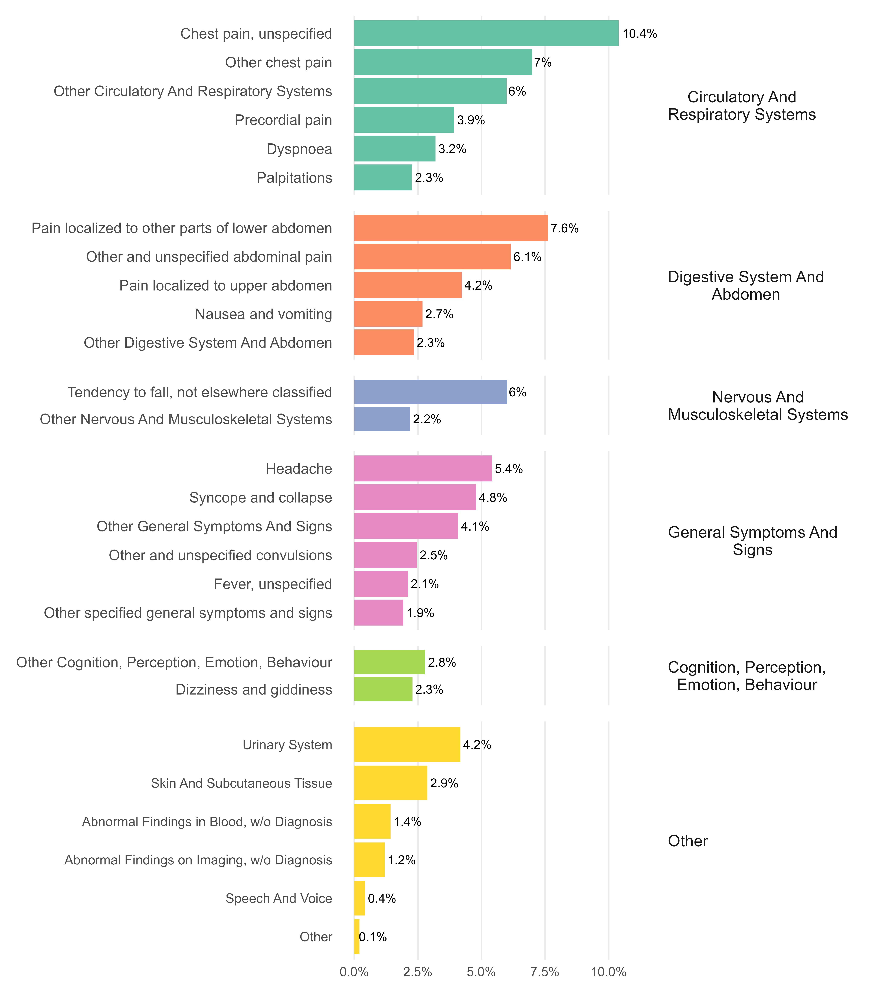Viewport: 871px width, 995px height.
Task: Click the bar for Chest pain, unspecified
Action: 486,34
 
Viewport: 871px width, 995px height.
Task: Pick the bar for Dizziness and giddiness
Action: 383,689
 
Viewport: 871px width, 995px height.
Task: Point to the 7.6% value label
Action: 564,228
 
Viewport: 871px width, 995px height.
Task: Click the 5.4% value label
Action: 509,469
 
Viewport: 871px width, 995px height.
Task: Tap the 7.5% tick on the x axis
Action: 545,972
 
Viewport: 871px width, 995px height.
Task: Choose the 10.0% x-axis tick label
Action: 608,972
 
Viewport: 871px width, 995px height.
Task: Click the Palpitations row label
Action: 294,178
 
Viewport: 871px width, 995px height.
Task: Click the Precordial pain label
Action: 283,120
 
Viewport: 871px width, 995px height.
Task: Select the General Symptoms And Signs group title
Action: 752,541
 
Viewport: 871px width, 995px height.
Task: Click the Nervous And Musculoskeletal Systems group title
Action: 758,406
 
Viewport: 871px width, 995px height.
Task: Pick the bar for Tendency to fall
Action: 430,392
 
